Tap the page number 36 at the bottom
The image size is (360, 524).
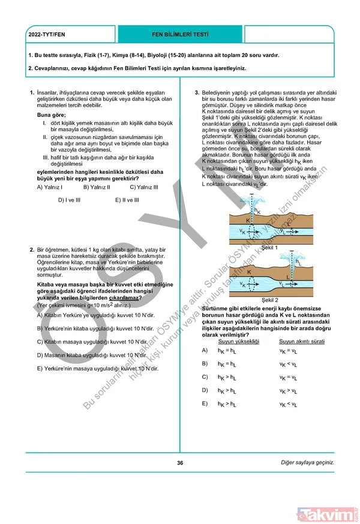(x=180, y=462)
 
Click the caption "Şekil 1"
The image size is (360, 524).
(x=269, y=247)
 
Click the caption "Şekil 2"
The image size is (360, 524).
(x=269, y=299)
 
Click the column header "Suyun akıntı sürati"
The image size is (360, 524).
(x=301, y=341)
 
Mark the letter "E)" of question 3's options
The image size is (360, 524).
(x=205, y=403)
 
